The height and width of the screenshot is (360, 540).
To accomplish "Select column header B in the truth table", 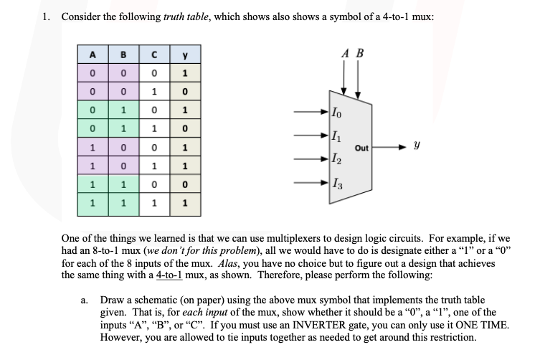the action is [x=124, y=55].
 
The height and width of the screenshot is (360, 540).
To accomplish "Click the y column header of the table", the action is [x=185, y=55].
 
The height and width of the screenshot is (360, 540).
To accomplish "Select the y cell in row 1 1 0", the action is [x=185, y=186].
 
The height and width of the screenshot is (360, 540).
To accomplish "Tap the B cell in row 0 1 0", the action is [x=124, y=111].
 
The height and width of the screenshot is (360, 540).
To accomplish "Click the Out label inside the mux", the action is [x=361, y=148].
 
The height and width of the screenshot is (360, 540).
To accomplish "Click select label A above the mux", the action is [x=345, y=52].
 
